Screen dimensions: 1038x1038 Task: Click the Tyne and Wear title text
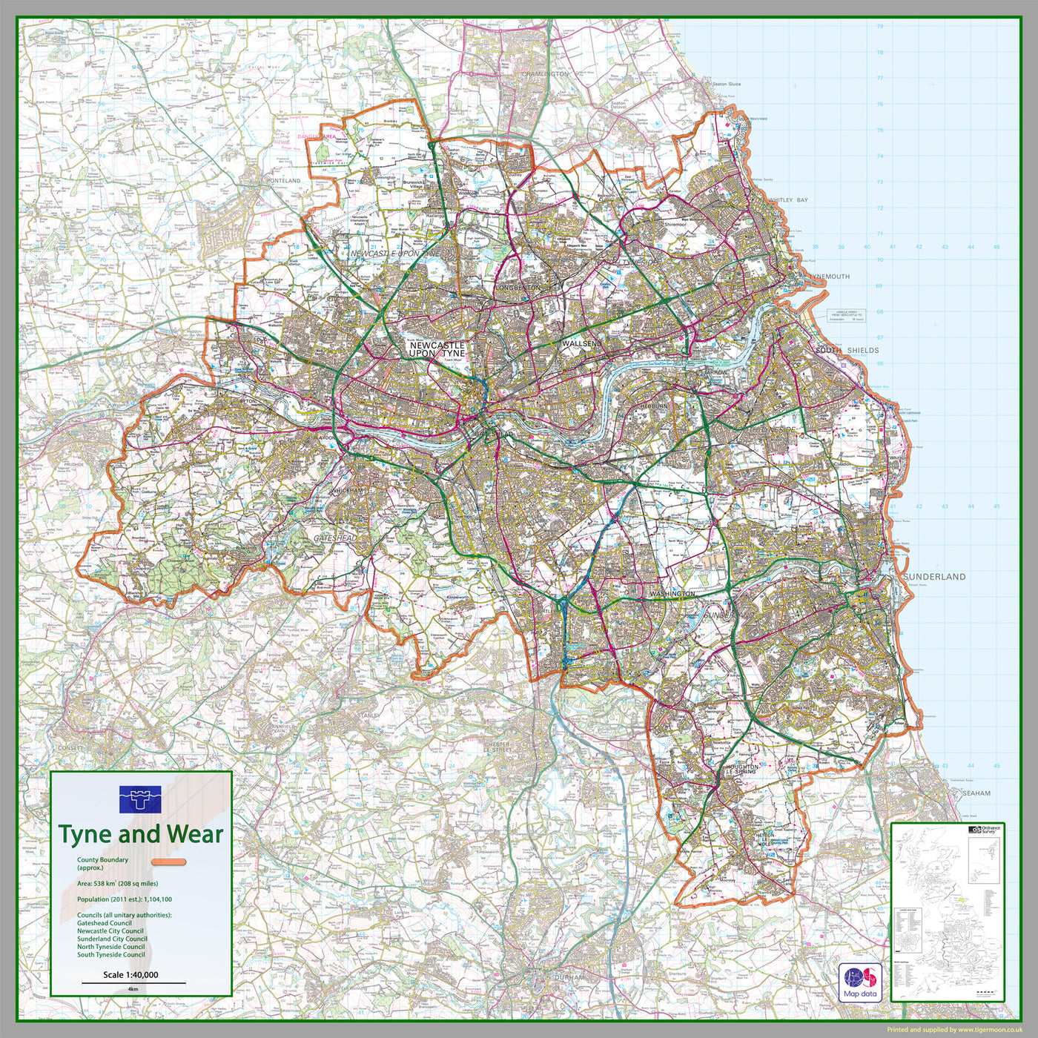(x=140, y=834)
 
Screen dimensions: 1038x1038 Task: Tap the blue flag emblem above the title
(x=140, y=799)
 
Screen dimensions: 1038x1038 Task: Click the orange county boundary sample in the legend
(x=170, y=862)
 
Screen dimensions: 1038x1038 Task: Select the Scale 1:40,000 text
(x=130, y=975)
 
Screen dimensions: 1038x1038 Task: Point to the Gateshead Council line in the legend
(x=105, y=923)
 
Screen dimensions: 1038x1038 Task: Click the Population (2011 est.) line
(x=125, y=899)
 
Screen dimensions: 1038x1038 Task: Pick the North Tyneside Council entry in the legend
(x=111, y=947)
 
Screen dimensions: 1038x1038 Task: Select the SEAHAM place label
(x=976, y=793)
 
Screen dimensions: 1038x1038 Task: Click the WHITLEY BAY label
(x=788, y=200)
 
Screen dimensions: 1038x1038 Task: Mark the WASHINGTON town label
(x=672, y=594)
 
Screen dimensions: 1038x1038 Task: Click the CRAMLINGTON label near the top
(x=544, y=74)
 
